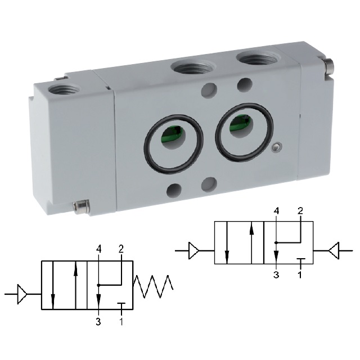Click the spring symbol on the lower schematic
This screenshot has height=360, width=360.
[153, 286]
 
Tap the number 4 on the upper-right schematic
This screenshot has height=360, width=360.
[277, 211]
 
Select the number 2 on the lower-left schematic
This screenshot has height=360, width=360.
[121, 249]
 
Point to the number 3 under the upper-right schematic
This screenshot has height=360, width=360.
[276, 274]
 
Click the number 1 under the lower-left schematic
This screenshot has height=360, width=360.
[121, 321]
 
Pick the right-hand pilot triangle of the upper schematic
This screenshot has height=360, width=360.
[334, 250]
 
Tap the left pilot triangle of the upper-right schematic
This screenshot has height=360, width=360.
[193, 250]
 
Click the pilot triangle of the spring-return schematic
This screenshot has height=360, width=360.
[22, 294]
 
